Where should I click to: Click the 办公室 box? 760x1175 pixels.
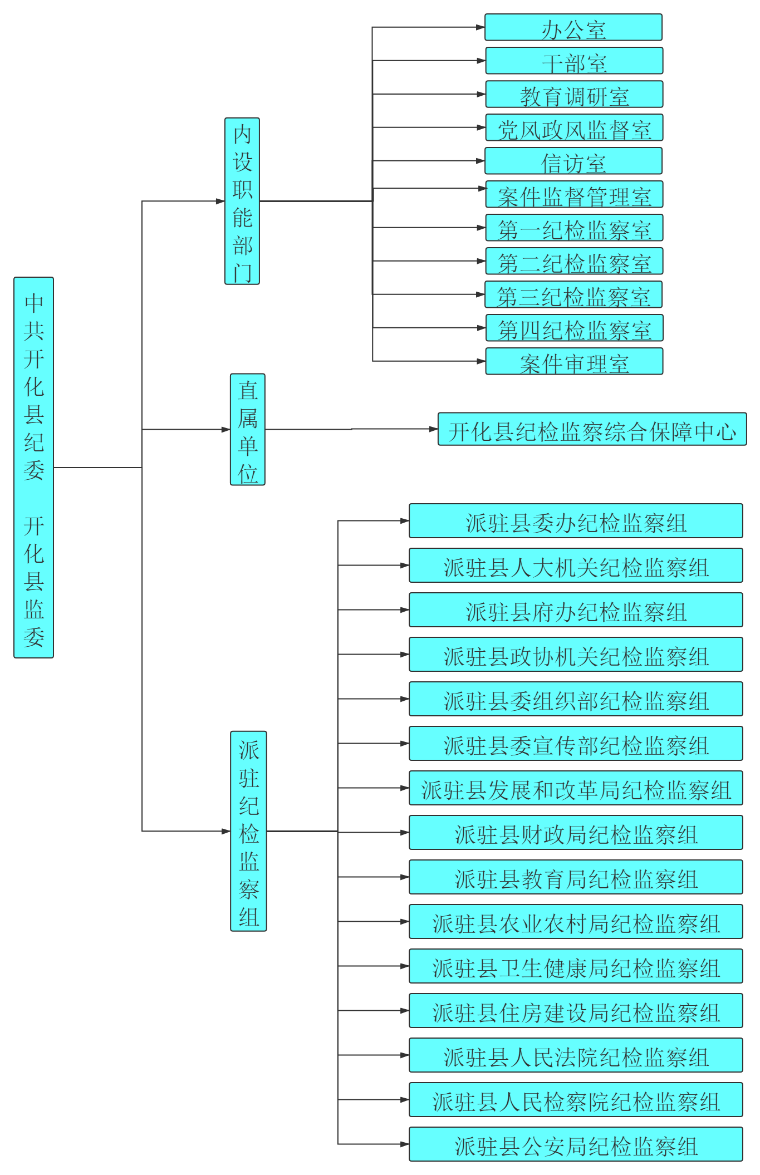[x=573, y=28]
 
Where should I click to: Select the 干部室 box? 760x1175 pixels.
[x=574, y=61]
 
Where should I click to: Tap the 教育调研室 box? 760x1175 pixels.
[x=574, y=95]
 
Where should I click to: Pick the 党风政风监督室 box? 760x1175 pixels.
[x=574, y=128]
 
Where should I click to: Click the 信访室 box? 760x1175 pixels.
[x=573, y=161]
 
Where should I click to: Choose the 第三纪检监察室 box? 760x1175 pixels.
[x=573, y=295]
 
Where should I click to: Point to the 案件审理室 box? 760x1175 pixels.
[x=574, y=362]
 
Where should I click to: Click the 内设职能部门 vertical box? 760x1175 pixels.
[x=242, y=201]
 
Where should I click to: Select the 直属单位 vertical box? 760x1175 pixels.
[x=248, y=430]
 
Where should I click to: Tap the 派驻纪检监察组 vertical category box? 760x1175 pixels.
[x=248, y=832]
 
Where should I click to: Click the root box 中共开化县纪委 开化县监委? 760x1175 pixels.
[x=33, y=468]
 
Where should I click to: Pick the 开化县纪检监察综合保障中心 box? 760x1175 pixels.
[x=592, y=430]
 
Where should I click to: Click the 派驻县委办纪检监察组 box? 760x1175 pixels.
[x=576, y=521]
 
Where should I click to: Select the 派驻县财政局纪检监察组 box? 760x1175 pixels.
[x=576, y=833]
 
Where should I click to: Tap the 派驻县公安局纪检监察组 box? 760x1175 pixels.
[x=576, y=1144]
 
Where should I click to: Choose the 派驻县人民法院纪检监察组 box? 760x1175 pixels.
[x=576, y=1055]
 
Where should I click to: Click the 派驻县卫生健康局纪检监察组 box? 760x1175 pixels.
[x=576, y=966]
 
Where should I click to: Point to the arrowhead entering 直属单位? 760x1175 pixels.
[x=226, y=430]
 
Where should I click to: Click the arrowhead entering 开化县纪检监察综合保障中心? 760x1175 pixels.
[x=434, y=429]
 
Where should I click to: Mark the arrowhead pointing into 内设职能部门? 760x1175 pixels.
[x=220, y=201]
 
